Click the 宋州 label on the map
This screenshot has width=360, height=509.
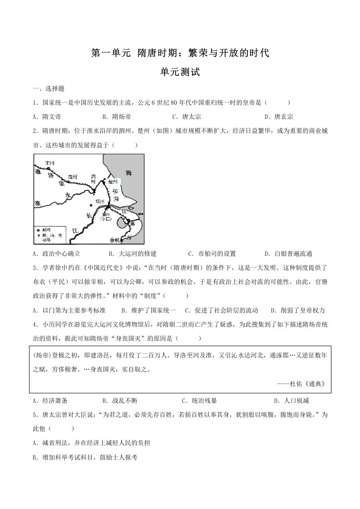pyautogui.click(x=50, y=162)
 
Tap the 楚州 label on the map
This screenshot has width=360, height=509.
pyautogui.click(x=113, y=181)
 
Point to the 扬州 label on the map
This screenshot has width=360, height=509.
pyautogui.click(x=100, y=201)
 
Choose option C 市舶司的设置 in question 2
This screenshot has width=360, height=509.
pyautogui.click(x=212, y=254)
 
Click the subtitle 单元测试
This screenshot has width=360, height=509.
pyautogui.click(x=180, y=72)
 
